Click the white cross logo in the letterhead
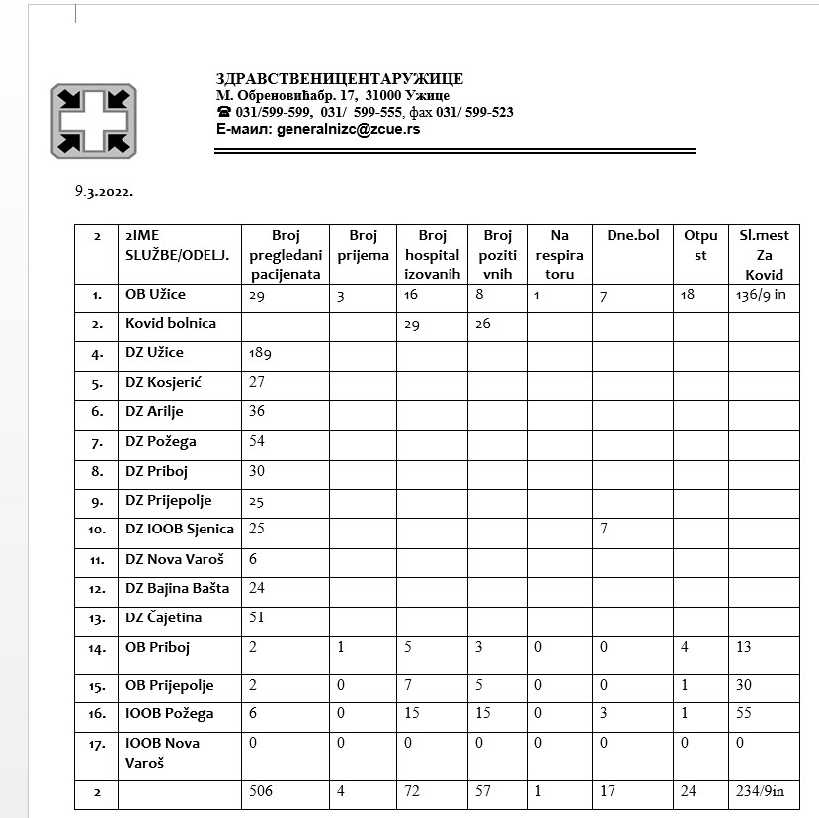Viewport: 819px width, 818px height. (x=94, y=122)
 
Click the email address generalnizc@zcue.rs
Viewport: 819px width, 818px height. (x=349, y=129)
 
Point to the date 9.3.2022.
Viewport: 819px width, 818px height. (x=104, y=192)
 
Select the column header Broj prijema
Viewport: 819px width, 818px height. (x=363, y=245)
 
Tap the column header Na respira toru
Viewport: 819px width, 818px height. (x=559, y=255)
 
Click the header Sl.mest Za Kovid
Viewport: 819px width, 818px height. (x=764, y=255)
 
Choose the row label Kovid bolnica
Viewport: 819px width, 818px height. (x=171, y=323)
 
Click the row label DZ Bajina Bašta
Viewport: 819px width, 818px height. (x=177, y=588)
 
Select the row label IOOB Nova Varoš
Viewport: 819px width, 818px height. (x=162, y=753)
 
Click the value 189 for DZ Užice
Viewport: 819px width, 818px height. (x=261, y=353)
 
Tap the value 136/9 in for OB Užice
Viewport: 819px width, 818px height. (x=761, y=295)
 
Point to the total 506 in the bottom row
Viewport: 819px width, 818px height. (x=262, y=791)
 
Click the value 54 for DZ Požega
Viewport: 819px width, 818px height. (x=258, y=441)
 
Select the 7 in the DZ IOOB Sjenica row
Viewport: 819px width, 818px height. (x=603, y=529)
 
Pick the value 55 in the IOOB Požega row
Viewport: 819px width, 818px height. (x=744, y=713)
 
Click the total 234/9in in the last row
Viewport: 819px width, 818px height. (x=762, y=791)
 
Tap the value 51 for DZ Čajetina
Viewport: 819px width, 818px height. (x=257, y=617)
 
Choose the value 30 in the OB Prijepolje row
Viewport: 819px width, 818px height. (x=744, y=685)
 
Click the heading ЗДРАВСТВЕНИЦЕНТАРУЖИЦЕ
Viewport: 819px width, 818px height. (x=340, y=79)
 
